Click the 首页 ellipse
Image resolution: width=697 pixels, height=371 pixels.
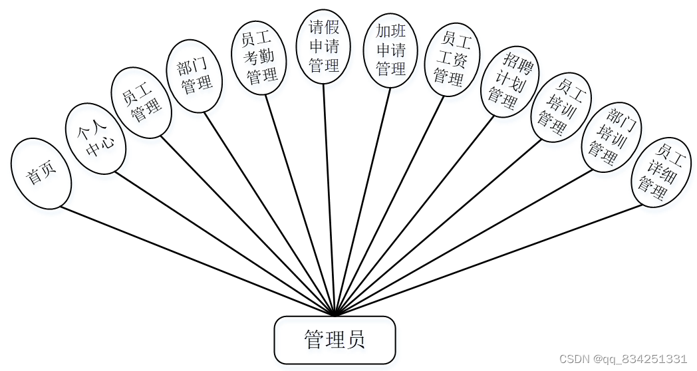41,174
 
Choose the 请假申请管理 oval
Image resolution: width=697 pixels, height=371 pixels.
325,47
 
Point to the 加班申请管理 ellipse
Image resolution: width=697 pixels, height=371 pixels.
391,50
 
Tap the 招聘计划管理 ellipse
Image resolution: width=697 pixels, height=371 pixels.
510,81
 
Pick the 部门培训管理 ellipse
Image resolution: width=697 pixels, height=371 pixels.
611,136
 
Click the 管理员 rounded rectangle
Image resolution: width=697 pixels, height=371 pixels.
335,340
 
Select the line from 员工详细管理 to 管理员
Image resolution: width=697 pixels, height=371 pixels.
492,259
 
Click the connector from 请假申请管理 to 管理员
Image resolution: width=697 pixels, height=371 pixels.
329,199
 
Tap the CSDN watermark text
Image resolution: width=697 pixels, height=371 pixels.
623,359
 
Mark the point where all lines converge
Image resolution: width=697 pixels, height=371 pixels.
335,314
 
